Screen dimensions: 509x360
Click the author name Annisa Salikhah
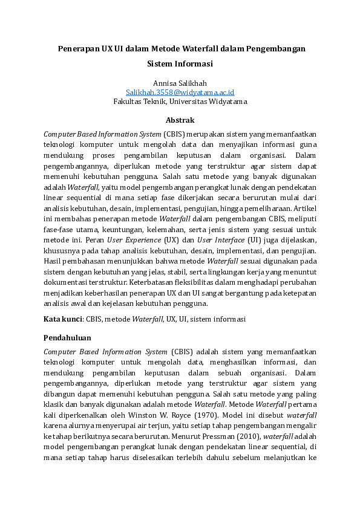pos(180,82)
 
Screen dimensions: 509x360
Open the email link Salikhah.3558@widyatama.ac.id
pos(180,92)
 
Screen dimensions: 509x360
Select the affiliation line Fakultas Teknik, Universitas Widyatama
pos(180,102)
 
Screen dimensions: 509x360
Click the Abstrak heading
pos(180,120)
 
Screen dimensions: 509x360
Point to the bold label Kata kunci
pos(63,319)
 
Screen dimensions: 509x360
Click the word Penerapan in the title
pos(79,48)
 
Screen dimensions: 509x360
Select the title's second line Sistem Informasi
pos(180,63)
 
